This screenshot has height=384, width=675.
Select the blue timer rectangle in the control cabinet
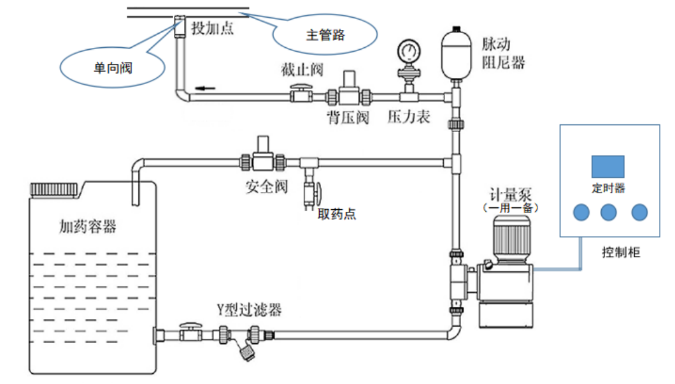pyautogui.click(x=607, y=166)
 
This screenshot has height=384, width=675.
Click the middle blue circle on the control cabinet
pyautogui.click(x=607, y=212)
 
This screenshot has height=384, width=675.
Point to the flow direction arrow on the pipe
pyautogui.click(x=204, y=87)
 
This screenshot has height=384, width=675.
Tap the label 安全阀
pyautogui.click(x=267, y=187)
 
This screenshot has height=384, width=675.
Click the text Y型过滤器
pyautogui.click(x=249, y=311)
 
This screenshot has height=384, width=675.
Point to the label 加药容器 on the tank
pyautogui.click(x=88, y=226)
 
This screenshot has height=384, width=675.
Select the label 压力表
pyautogui.click(x=409, y=118)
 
